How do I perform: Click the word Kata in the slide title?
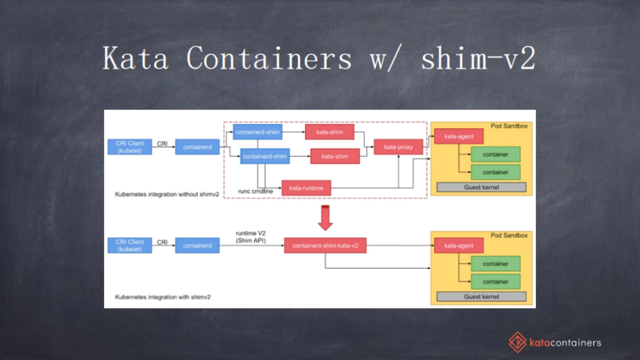point(136,58)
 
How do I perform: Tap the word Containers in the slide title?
point(269,58)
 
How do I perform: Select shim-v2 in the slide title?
point(478,58)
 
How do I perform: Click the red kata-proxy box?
point(398,147)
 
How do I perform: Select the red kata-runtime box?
point(306,188)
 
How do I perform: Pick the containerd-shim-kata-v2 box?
point(325,245)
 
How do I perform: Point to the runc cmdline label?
point(255,191)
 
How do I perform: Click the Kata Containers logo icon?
point(517,342)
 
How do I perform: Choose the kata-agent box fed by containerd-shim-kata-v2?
point(458,245)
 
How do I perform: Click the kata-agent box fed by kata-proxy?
point(458,137)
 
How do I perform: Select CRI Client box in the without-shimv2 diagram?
point(130,147)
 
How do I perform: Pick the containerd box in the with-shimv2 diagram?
point(197,245)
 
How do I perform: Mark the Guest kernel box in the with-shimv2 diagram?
point(481,297)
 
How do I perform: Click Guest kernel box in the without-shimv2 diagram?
point(481,187)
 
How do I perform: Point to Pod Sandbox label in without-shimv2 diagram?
point(509,126)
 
